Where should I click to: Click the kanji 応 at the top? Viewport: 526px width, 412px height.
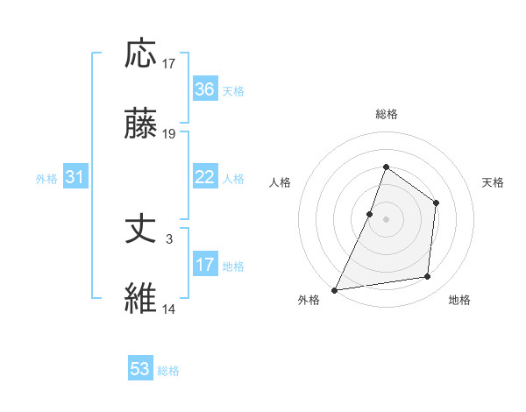[x=142, y=54]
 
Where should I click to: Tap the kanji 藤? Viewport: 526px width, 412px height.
[x=142, y=124]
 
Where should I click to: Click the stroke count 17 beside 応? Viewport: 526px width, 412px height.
[x=169, y=64]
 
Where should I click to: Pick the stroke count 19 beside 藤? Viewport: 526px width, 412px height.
[x=169, y=134]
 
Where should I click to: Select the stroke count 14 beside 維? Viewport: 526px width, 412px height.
[x=169, y=309]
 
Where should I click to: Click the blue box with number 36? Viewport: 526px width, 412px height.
[x=205, y=89]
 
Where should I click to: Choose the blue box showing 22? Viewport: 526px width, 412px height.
[x=205, y=177]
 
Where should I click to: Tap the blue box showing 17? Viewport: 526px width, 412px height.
[x=205, y=265]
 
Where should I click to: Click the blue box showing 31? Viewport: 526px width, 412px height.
[x=75, y=177]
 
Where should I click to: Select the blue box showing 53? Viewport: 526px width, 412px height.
[x=140, y=369]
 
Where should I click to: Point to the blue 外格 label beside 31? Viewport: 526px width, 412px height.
[x=46, y=179]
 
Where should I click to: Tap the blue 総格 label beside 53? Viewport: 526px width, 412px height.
[x=168, y=371]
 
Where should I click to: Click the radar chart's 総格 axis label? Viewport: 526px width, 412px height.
[x=386, y=114]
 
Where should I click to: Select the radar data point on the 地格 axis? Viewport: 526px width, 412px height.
[x=428, y=277]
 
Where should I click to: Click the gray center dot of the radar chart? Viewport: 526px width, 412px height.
[x=386, y=218]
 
